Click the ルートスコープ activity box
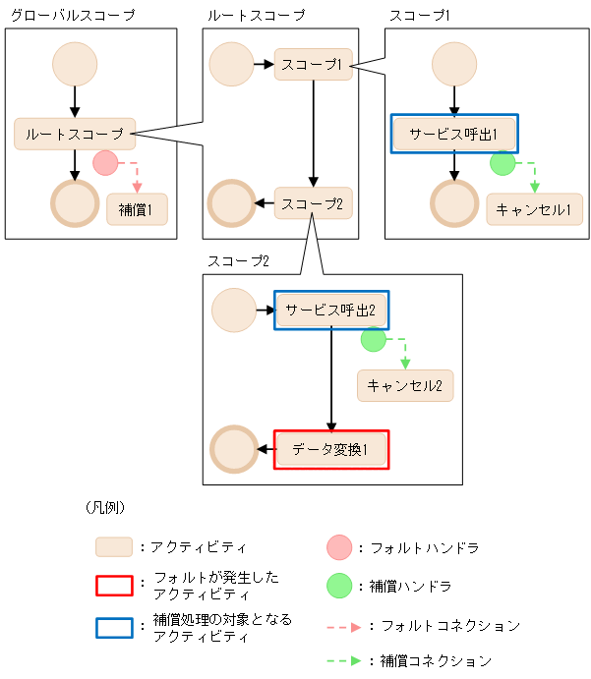75,134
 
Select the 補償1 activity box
137,209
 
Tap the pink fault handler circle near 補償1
105,163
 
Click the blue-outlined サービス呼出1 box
454,134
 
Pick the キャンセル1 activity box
534,209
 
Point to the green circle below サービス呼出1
502,163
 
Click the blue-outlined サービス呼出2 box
331,310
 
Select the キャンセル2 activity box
404,385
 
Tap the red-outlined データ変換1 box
331,450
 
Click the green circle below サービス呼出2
373,340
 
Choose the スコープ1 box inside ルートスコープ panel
313,64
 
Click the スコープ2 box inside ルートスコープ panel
313,203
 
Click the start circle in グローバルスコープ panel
75,64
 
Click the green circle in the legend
338,586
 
